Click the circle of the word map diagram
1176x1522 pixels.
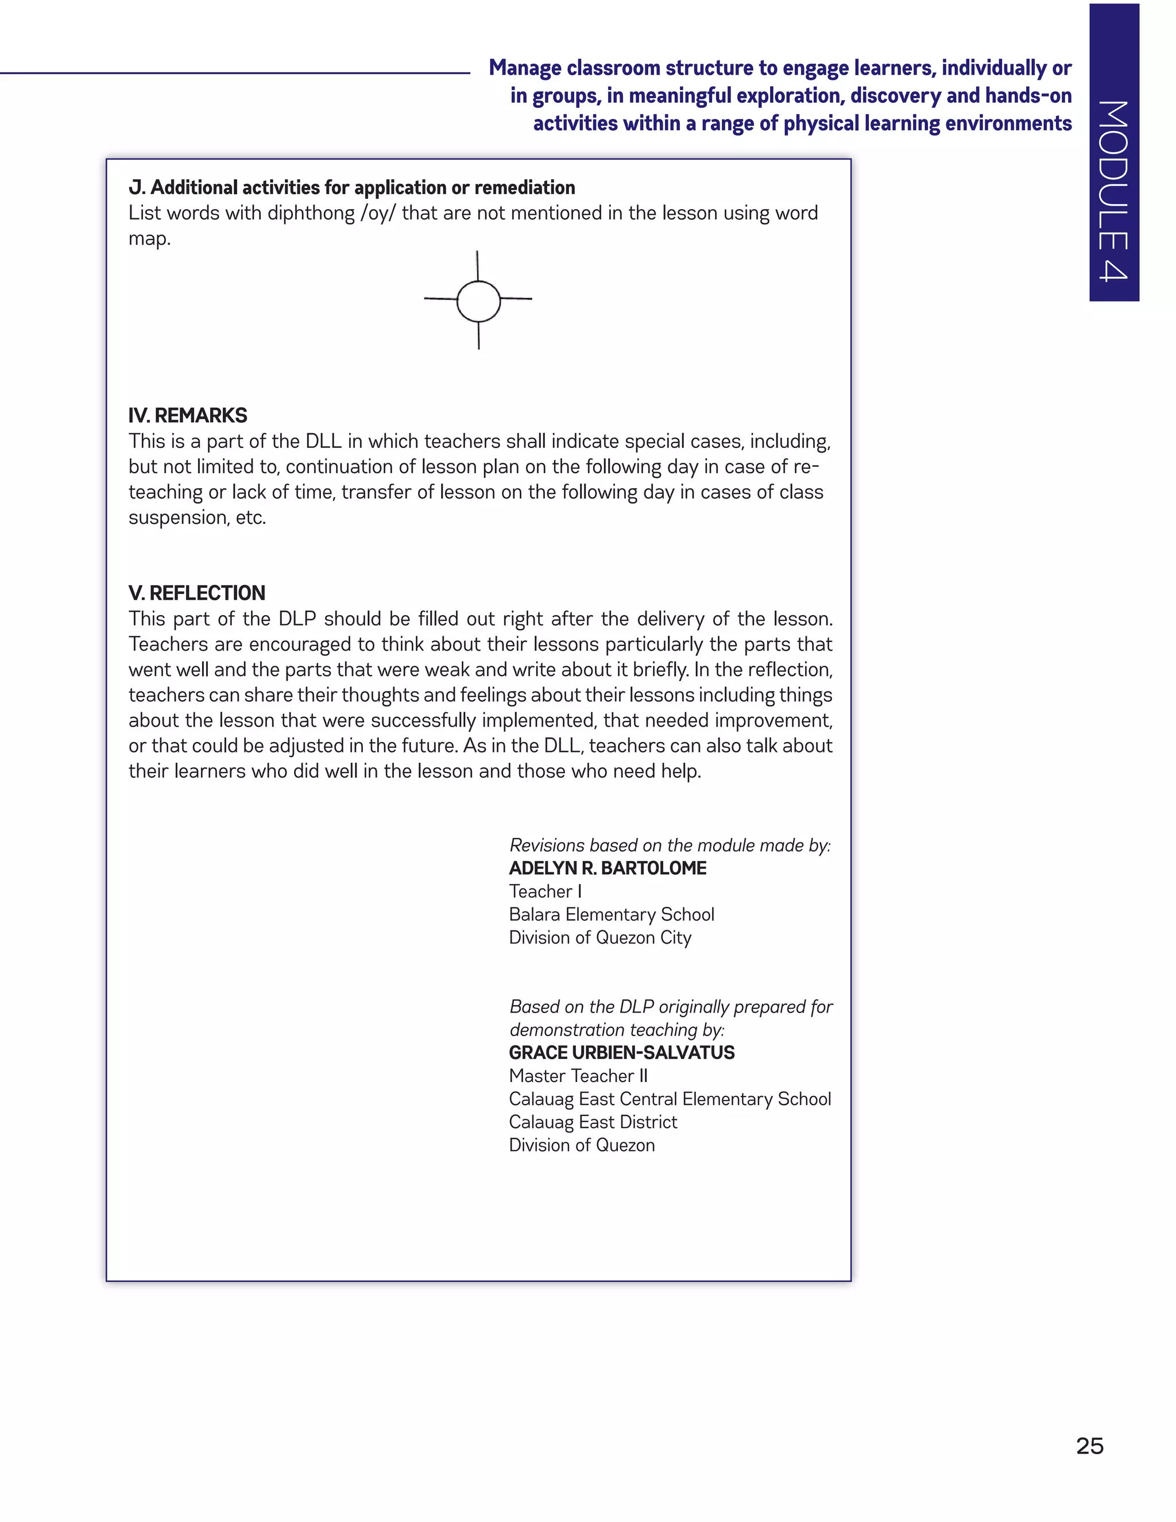(479, 301)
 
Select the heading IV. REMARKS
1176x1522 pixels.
(187, 415)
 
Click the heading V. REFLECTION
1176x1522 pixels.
(196, 593)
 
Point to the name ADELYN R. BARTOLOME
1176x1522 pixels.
(607, 868)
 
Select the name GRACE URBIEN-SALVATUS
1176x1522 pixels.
(621, 1052)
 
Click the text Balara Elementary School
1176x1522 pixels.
(611, 914)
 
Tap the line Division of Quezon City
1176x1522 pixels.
(600, 937)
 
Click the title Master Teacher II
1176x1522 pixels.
(578, 1075)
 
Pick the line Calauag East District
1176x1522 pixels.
(592, 1122)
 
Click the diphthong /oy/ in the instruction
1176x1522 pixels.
(377, 213)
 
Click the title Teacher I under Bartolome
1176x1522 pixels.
(545, 891)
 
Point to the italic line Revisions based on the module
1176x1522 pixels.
(670, 845)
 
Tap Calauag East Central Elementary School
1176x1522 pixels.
(670, 1099)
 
